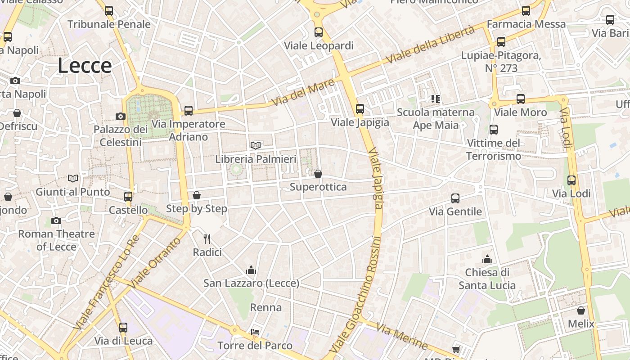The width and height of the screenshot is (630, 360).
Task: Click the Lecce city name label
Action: tap(85, 66)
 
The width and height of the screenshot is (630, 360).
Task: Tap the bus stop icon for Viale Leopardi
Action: tap(319, 32)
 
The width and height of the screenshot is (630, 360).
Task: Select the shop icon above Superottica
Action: tap(318, 174)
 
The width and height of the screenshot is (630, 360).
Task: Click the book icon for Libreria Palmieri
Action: tap(256, 145)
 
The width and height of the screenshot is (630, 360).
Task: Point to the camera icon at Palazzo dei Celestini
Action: tap(120, 116)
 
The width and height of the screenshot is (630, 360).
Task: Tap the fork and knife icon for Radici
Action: tap(207, 238)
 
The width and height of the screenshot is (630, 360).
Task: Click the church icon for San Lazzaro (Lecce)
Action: tap(251, 270)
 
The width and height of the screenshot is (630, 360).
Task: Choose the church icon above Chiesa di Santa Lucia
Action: tap(487, 259)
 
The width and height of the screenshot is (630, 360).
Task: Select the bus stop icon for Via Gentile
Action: tap(455, 198)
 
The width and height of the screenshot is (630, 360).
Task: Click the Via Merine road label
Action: tap(402, 336)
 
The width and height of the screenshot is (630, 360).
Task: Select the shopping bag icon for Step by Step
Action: tap(197, 195)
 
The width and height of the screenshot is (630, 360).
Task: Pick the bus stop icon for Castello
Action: tap(128, 197)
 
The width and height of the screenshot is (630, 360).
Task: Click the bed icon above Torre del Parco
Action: tap(255, 332)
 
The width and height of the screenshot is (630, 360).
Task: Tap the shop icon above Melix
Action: tap(581, 310)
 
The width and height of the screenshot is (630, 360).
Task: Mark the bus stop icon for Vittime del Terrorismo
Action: tap(494, 130)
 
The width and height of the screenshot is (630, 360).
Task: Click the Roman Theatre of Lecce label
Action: tap(56, 240)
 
